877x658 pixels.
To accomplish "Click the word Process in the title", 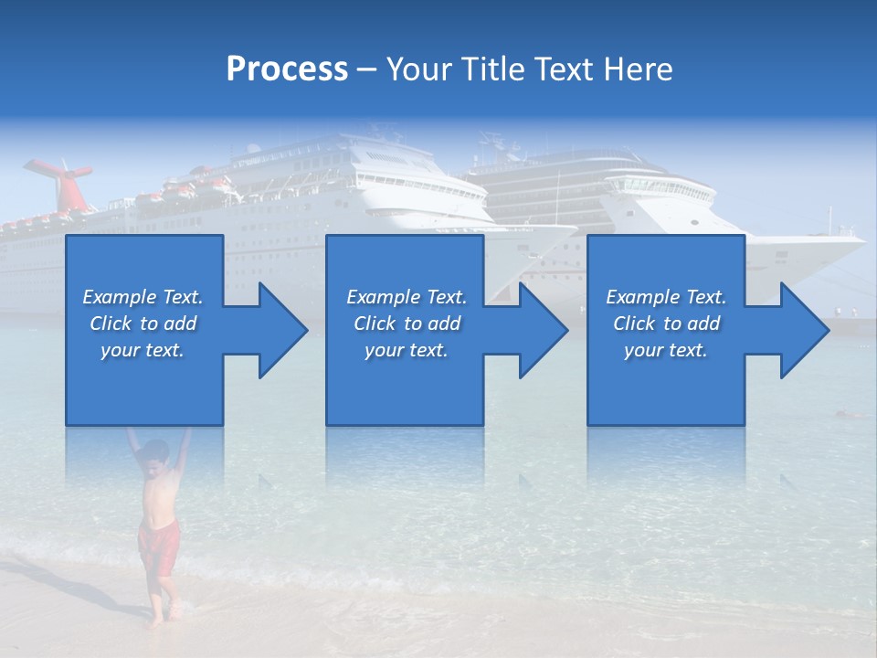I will click(x=287, y=69).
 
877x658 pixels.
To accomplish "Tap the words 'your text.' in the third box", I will click(x=666, y=350).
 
